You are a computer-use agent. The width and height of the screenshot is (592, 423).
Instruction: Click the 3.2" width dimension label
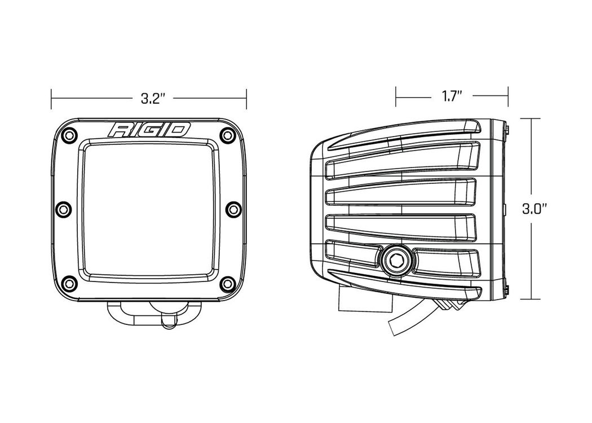[153, 99]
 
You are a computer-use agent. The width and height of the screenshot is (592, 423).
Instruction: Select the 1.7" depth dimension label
[452, 96]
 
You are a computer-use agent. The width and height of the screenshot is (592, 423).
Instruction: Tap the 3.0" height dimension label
[534, 209]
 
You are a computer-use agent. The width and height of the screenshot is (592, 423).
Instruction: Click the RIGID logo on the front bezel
[149, 130]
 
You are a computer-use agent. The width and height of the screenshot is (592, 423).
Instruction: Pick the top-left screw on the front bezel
[68, 135]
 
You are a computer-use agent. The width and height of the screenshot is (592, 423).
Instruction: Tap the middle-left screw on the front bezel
[63, 209]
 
